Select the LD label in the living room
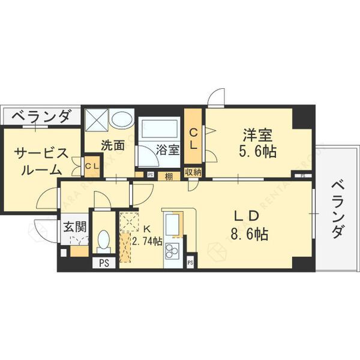click(x=247, y=215)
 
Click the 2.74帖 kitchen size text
click(x=147, y=241)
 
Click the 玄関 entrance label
click(x=76, y=227)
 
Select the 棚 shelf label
click(x=169, y=175)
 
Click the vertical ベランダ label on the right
click(x=336, y=207)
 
